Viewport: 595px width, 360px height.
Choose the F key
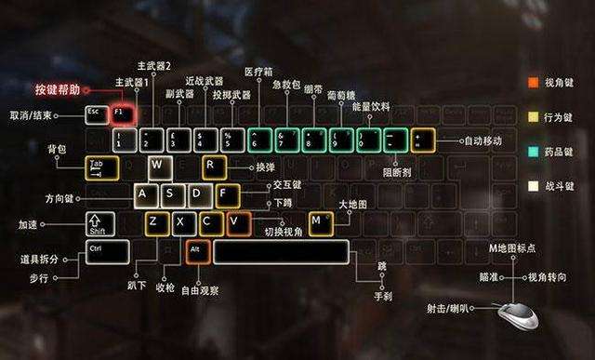pyautogui.click(x=227, y=194)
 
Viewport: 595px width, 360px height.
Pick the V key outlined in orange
pyautogui.click(x=239, y=222)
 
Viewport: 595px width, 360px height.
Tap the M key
pyautogui.click(x=321, y=222)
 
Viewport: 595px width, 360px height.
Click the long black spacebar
pyautogui.click(x=280, y=251)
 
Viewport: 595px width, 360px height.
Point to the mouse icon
pyautogui.click(x=516, y=314)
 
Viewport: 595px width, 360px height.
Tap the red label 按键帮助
pyautogui.click(x=58, y=90)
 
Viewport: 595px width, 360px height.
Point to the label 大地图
pyautogui.click(x=353, y=204)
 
